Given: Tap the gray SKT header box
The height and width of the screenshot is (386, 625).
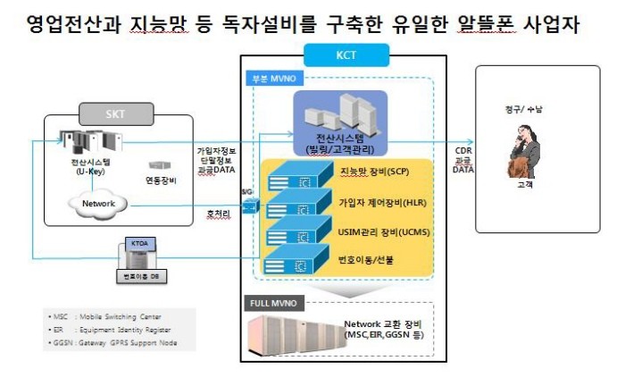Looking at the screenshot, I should (x=116, y=114).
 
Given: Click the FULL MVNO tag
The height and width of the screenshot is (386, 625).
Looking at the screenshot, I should (x=271, y=303).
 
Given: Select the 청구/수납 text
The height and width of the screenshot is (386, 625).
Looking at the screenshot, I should (x=521, y=110).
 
